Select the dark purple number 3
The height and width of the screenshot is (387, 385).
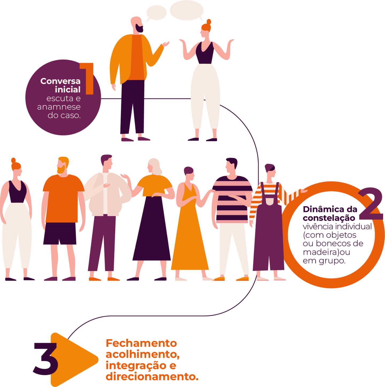tap(46, 359)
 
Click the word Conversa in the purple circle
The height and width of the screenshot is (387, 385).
tap(60, 81)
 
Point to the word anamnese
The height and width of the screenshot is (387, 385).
tap(59, 107)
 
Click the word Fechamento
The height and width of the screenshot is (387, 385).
tap(141, 343)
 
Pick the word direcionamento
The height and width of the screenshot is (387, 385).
tap(152, 377)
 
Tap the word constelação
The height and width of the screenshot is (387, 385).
tap(329, 218)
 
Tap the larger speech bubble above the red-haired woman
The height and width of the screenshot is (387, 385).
tap(187, 10)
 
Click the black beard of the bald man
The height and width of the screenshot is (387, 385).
tap(140, 28)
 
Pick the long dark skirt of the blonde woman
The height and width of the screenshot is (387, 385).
tap(152, 233)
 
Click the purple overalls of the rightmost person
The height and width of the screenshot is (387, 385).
tap(268, 236)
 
